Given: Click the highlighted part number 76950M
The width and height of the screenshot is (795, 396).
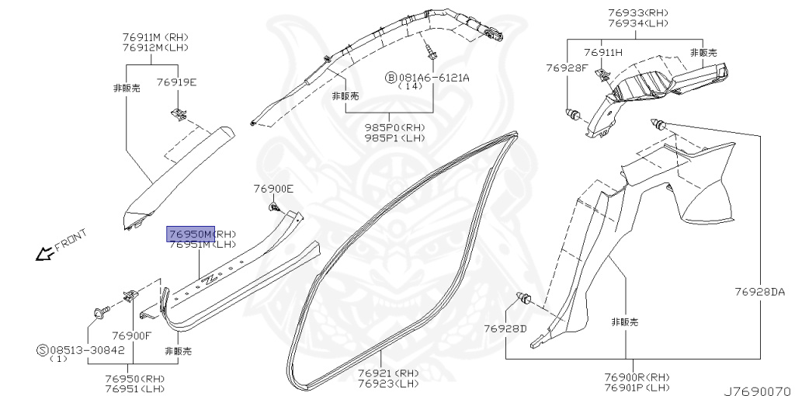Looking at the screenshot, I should point(190,234).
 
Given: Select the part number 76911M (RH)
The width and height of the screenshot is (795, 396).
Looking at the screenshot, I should point(156,37).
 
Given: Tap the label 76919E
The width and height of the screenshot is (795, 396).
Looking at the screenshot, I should point(176,82).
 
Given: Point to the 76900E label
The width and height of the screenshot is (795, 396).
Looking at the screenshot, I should point(273,189).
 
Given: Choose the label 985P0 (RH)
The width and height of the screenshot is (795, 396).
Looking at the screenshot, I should point(394,127).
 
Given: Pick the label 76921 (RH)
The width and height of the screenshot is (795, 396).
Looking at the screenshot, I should point(388,373).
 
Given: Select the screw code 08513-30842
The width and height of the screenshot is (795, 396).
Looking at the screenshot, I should point(86,350).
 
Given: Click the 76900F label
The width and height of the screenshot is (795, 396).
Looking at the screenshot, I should point(131,335).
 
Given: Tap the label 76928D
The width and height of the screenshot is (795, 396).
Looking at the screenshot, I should point(505,328).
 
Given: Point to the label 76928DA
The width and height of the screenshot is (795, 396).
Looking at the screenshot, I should point(760,292).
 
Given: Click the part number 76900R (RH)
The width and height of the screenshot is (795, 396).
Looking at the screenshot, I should point(637,377).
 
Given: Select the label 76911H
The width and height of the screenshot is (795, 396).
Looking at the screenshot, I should point(603,53).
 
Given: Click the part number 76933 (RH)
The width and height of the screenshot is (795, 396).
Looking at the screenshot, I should point(637,13).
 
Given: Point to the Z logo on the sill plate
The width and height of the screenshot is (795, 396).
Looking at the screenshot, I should point(210,279).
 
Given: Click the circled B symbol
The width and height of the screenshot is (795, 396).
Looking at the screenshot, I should point(391,78).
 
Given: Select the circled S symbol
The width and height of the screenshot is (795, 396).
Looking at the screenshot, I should point(42,350).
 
